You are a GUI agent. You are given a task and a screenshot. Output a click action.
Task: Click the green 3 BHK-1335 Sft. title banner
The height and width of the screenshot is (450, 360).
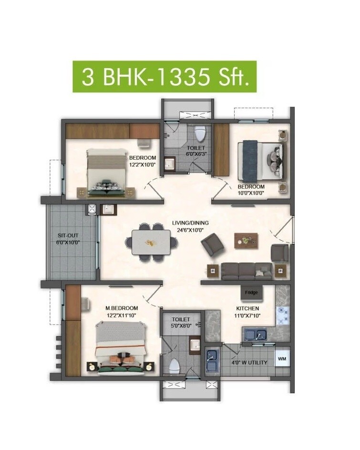pos(165,76)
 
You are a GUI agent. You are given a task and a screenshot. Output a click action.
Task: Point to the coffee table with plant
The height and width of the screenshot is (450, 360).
pos(246,241)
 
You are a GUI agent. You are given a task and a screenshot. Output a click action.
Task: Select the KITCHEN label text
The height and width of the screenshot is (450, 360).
pos(246,308)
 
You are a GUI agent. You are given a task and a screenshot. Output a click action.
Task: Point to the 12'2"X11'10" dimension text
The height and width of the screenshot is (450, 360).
pos(122,315)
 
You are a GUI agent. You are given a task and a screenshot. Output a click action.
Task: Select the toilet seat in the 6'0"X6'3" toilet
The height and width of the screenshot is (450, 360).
pos(201,131)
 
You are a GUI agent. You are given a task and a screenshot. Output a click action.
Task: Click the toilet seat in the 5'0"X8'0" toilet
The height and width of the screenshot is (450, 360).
pos(175,366)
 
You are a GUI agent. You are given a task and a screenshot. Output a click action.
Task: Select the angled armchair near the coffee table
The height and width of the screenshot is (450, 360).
pos(211,246)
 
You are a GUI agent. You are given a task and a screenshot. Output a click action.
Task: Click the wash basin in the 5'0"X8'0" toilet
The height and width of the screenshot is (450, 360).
pos(194,344)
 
